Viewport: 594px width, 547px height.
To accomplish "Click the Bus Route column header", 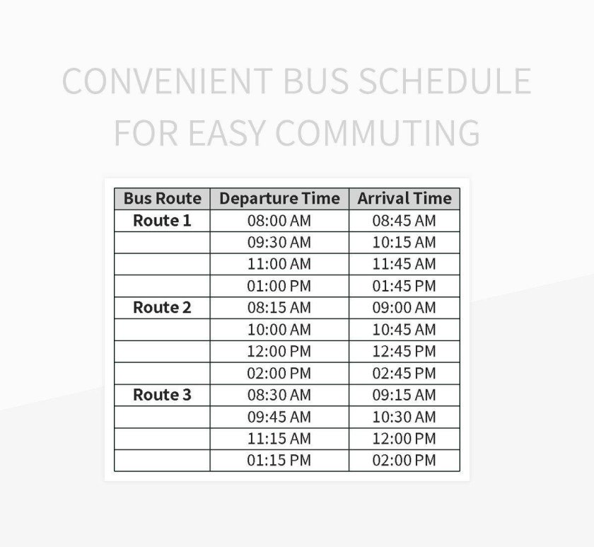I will (162, 199).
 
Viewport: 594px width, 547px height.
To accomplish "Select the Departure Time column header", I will (279, 199).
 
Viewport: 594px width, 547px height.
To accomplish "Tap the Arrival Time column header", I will (404, 199).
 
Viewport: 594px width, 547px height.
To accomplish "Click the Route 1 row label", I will (162, 221).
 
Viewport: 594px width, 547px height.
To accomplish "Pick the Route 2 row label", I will (162, 308).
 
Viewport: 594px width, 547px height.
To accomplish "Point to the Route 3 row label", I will (162, 395).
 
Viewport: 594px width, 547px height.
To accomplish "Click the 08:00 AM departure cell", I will (279, 221).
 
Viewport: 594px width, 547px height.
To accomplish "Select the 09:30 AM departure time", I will (279, 243).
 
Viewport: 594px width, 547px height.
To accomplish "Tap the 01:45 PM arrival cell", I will (404, 287).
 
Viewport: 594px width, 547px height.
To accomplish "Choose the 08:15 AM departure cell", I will (279, 308).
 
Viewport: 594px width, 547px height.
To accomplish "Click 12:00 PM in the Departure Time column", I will (279, 352).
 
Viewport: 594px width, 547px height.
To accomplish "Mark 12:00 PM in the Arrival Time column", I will (404, 439).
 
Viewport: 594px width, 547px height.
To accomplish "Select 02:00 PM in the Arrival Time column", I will (404, 461).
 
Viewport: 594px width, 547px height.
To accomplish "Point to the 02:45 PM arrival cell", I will (404, 374).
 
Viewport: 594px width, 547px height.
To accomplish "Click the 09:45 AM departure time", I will (279, 417).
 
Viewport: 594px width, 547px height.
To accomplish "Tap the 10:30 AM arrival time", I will (404, 417).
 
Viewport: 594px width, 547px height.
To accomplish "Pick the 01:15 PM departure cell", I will (279, 461).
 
